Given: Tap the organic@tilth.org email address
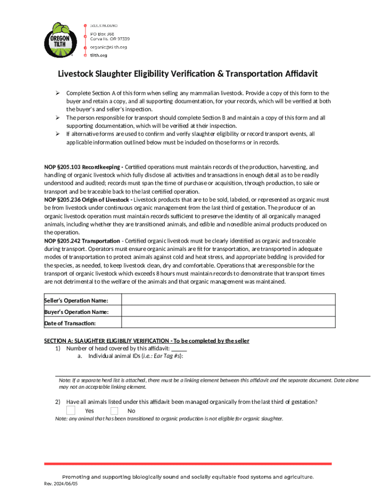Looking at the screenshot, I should (108, 47).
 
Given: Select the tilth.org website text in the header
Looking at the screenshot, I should (98, 55).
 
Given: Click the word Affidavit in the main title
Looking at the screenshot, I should (296, 74).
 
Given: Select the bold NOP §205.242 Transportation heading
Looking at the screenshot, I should (82, 241).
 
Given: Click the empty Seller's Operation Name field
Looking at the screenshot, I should (228, 300).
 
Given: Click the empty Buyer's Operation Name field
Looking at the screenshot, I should (228, 312).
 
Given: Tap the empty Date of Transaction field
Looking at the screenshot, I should (228, 323).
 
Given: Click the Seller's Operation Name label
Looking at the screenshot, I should (76, 300).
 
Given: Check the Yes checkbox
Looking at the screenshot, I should (71, 410).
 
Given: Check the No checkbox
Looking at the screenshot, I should (114, 410).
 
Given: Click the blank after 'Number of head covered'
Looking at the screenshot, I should (179, 349).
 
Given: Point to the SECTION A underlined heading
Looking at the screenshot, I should (146, 341).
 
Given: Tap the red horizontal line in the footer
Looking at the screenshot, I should (188, 463).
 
